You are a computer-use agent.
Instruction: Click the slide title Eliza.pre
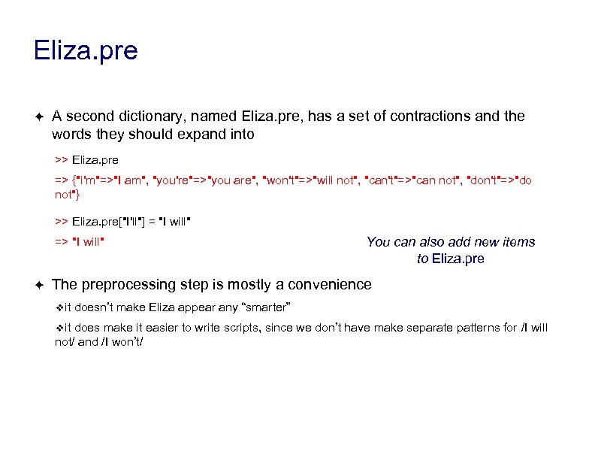[86, 51]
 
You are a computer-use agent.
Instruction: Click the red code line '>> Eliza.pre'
[86, 160]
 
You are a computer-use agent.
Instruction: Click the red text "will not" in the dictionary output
[334, 181]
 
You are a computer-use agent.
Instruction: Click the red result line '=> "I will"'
[79, 241]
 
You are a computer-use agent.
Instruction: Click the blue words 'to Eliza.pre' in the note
[450, 259]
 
